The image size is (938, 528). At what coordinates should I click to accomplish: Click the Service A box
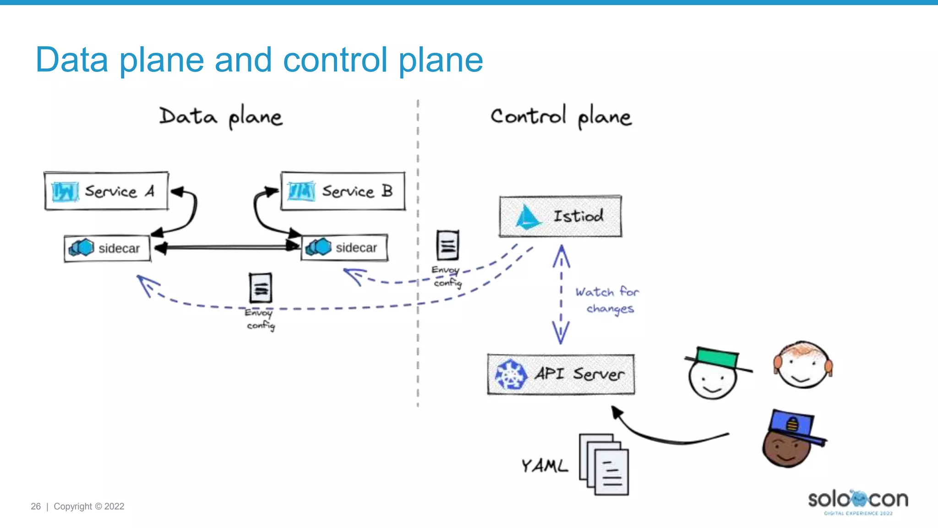pyautogui.click(x=106, y=191)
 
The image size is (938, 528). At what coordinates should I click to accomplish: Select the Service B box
pyautogui.click(x=343, y=191)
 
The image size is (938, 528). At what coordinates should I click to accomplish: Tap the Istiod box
pyautogui.click(x=560, y=216)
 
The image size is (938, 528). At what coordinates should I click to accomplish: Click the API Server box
pyautogui.click(x=561, y=374)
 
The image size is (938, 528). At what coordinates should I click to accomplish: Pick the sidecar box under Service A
pyautogui.click(x=107, y=248)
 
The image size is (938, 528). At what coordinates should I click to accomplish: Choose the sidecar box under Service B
pyautogui.click(x=344, y=248)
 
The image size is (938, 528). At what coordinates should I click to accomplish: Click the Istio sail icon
pyautogui.click(x=527, y=217)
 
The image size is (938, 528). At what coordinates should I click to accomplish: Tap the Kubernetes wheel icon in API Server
pyautogui.click(x=510, y=374)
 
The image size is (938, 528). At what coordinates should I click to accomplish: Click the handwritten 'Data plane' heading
pyautogui.click(x=221, y=117)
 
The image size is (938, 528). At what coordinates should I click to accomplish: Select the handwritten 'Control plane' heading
pyautogui.click(x=561, y=117)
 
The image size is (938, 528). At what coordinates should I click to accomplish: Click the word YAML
pyautogui.click(x=544, y=466)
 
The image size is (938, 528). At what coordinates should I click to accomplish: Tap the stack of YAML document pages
pyautogui.click(x=604, y=464)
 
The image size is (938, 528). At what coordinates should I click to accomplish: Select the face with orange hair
pyautogui.click(x=803, y=365)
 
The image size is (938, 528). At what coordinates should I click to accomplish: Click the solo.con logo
pyautogui.click(x=858, y=501)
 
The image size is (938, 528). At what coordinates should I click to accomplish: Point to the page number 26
pyautogui.click(x=36, y=506)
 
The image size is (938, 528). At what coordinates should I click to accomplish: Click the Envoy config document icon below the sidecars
pyautogui.click(x=261, y=288)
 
